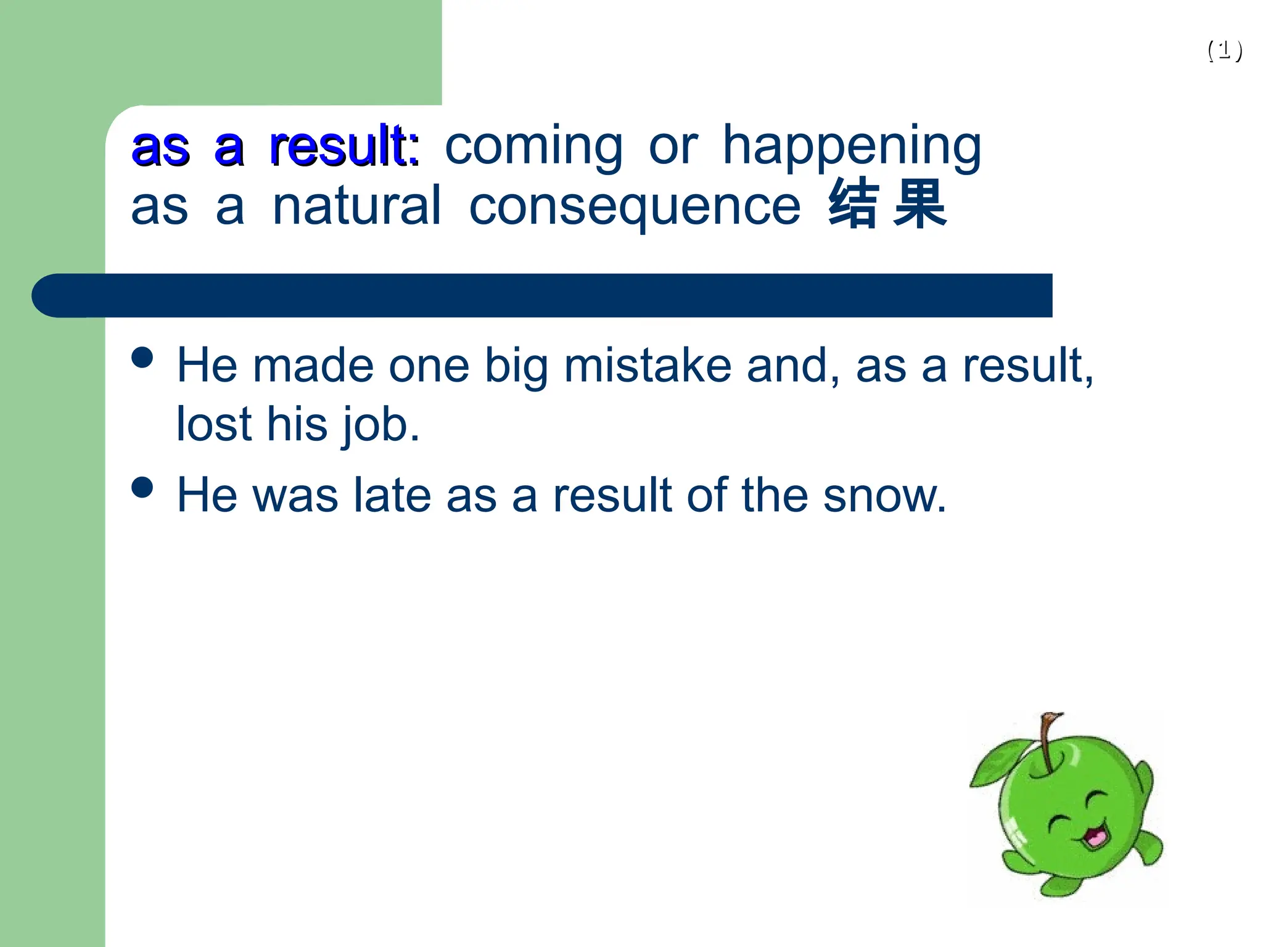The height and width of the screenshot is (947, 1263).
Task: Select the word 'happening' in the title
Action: click(x=851, y=148)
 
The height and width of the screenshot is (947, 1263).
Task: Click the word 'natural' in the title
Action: click(x=356, y=206)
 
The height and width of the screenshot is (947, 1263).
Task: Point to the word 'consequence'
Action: click(x=635, y=207)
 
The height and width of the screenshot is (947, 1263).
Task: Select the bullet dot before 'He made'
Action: click(x=142, y=357)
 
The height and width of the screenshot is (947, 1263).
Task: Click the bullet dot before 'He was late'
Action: click(x=142, y=487)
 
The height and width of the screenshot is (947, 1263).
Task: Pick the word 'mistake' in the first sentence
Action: click(x=648, y=366)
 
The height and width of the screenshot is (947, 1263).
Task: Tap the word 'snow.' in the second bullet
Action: click(x=884, y=496)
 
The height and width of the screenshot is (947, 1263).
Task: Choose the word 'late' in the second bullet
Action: click(x=392, y=496)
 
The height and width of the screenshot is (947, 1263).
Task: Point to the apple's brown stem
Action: click(x=1047, y=740)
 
